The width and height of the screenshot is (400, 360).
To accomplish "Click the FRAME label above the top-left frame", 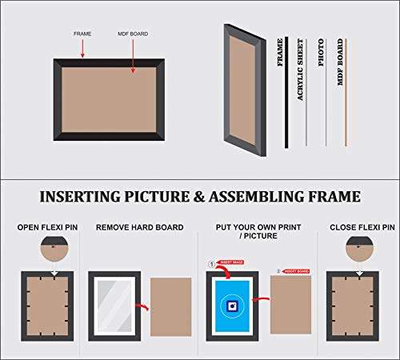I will [82, 34].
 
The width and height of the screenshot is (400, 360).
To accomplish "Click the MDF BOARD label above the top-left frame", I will [133, 34].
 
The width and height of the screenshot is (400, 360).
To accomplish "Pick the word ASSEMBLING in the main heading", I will [263, 197].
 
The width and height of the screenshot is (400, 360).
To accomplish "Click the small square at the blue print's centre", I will [231, 305].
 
